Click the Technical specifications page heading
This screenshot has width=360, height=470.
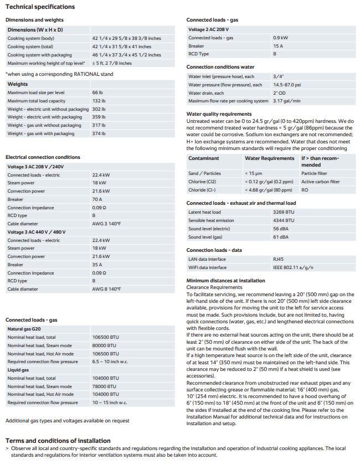point(40,7)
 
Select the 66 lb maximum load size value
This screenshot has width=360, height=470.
point(97,92)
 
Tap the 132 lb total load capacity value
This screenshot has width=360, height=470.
point(99,101)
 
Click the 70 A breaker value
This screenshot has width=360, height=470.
point(97,199)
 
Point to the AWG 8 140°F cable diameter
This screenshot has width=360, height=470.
point(106,289)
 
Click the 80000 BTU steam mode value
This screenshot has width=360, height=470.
point(105,345)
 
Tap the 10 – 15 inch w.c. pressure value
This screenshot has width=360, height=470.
point(109,402)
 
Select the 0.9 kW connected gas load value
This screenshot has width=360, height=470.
point(280,38)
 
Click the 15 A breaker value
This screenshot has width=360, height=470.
point(278,46)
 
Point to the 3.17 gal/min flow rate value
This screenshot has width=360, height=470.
point(287,101)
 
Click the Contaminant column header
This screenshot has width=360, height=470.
point(204,158)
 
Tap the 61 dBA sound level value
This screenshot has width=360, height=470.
point(281,237)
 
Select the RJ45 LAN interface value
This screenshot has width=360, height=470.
point(279,259)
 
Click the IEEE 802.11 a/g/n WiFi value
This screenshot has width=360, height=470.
point(293,267)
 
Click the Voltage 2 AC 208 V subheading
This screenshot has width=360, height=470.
point(209,29)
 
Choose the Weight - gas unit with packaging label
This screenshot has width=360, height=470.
point(41,133)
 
